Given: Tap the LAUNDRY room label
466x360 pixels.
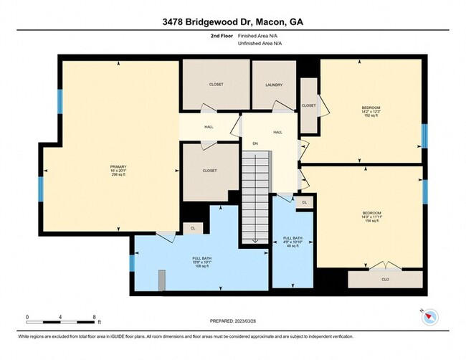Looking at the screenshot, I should (273, 85).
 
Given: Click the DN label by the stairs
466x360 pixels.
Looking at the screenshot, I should (255, 143).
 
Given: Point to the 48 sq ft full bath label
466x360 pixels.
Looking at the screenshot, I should (293, 242).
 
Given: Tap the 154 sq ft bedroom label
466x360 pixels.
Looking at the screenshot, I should (371, 217).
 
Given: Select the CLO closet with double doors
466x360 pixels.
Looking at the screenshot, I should (384, 279).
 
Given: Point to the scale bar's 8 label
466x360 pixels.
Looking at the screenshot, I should (94, 316).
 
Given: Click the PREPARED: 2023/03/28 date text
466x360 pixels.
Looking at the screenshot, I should (232, 321).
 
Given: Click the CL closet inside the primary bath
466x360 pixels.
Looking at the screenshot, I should (192, 228).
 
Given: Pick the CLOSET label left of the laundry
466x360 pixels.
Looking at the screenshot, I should (216, 85).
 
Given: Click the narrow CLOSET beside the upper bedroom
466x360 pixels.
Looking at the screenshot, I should (308, 105).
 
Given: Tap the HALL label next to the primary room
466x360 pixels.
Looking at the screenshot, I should (209, 127).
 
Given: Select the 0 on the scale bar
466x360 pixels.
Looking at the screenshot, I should (27, 316).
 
